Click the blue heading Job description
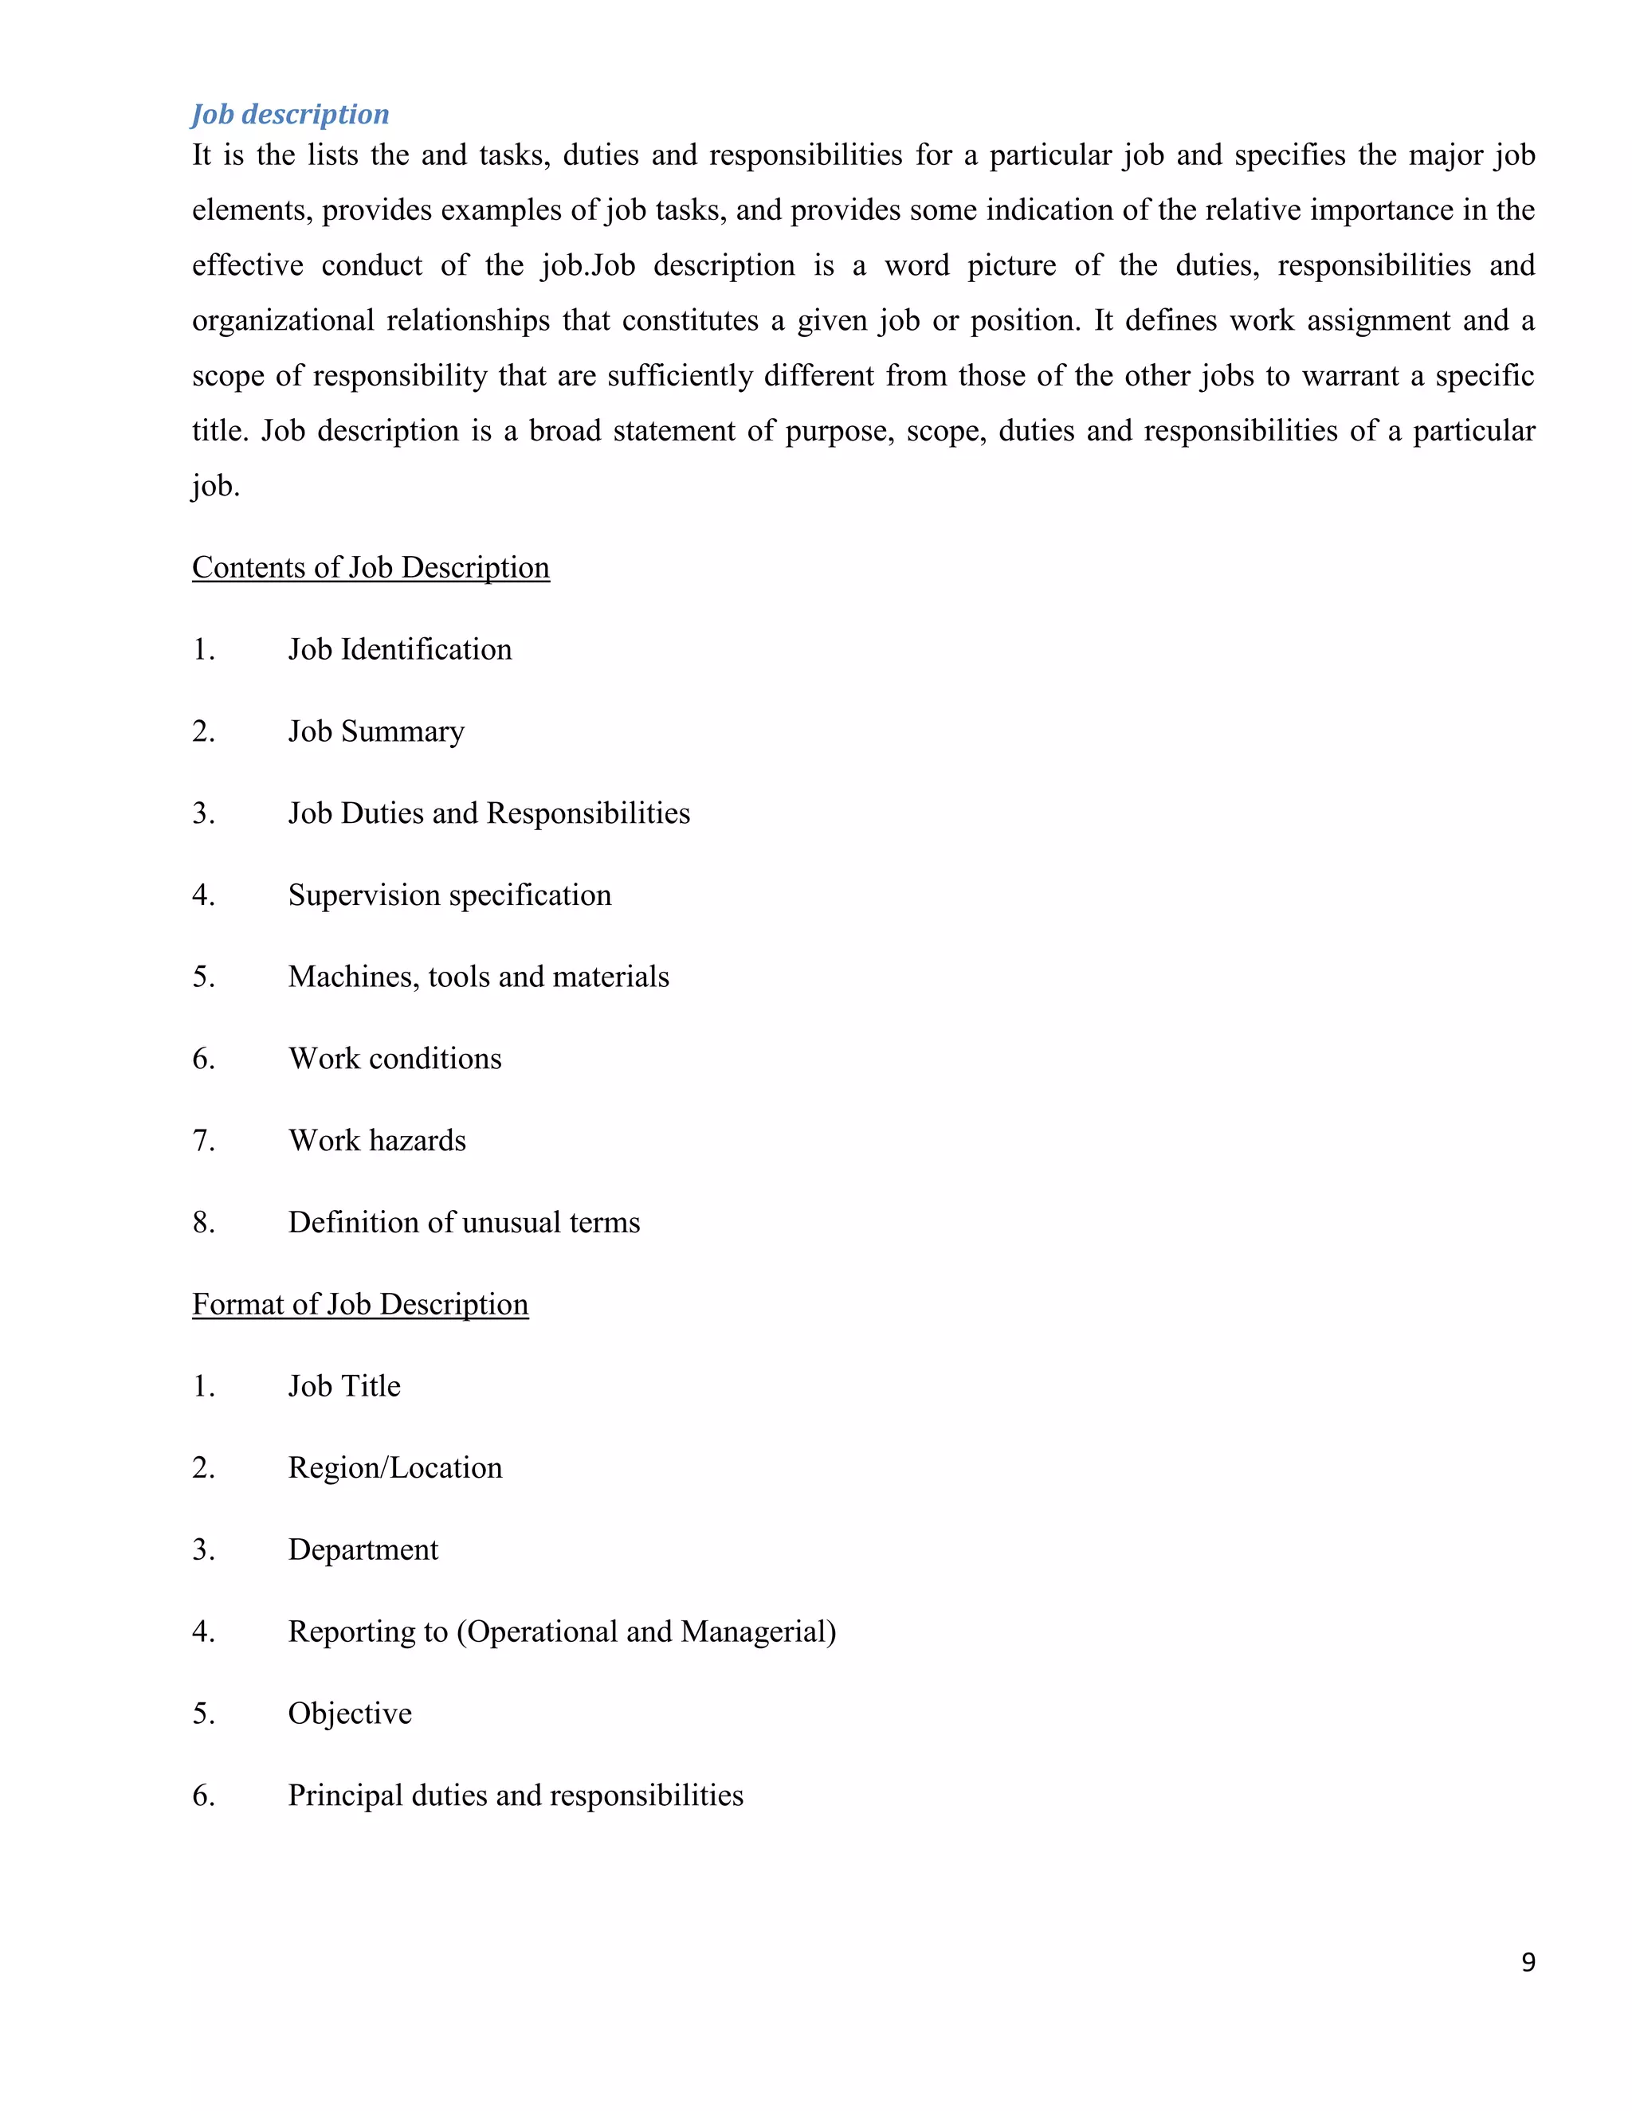290,114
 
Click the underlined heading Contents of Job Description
371,567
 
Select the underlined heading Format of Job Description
359,1304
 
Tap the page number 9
1528,1961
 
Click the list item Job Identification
399,649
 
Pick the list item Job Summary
376,732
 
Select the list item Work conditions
394,1059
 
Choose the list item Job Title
344,1386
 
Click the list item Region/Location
394,1468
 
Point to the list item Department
363,1550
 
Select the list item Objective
349,1713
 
